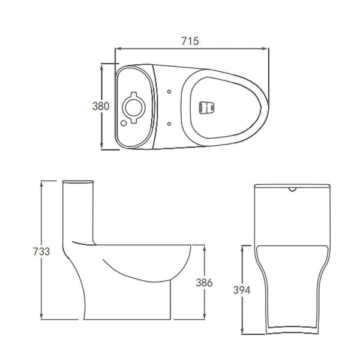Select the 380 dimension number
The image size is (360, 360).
point(100,106)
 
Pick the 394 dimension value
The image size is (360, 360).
point(241,290)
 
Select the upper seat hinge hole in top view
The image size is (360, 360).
point(170,92)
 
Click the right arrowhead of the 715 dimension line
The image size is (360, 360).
point(266,49)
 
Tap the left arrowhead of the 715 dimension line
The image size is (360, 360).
point(117,49)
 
